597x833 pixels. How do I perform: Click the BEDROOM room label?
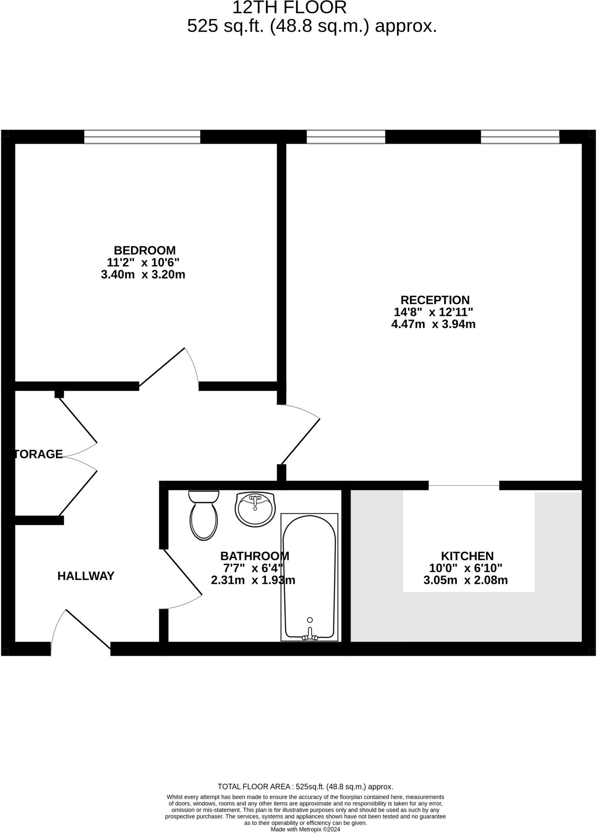144,250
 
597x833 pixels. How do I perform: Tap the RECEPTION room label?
435,300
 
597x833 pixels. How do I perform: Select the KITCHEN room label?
467,556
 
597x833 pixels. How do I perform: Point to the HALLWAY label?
86,576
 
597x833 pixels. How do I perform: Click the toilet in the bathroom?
204,515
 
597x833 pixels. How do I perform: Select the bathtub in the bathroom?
309,577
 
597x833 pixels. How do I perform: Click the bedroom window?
142,137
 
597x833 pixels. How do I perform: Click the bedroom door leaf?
162,367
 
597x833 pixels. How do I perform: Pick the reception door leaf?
301,442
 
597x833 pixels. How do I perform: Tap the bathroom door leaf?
183,572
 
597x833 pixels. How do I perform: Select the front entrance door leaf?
88,629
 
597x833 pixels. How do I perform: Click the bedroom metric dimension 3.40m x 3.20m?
143,275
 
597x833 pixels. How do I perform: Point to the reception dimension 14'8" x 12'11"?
434,312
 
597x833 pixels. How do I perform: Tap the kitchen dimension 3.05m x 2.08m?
466,580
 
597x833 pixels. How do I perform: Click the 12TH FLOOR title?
290,8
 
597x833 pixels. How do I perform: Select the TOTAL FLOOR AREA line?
305,787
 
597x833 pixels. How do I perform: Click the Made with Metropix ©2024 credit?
305,829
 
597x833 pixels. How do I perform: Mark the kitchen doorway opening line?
464,485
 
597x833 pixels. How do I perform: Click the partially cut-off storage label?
39,454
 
